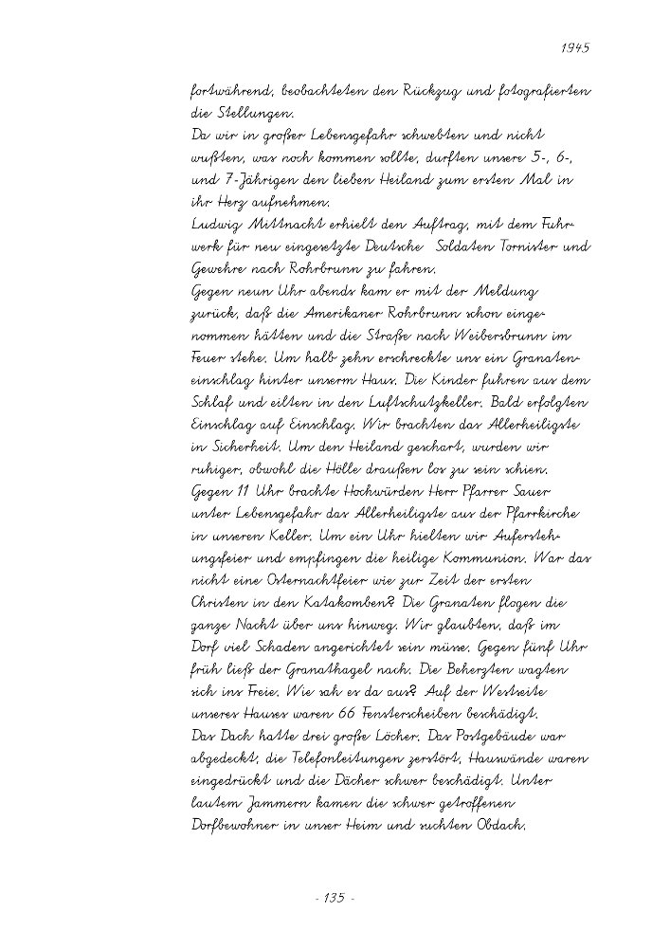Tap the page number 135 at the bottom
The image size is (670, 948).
[334, 898]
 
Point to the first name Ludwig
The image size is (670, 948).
[215, 225]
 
